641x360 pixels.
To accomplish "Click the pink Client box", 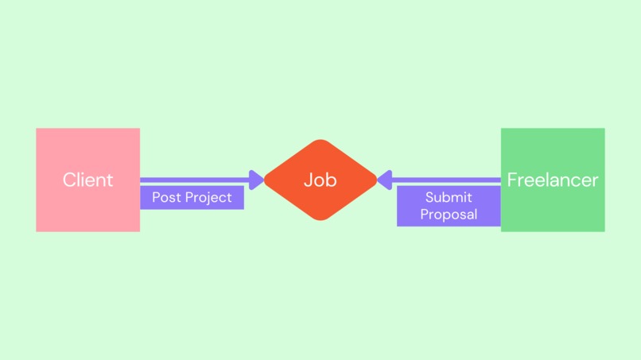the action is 88,180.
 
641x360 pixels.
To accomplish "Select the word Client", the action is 88,180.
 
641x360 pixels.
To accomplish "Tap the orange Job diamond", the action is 320,180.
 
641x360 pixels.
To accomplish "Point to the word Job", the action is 320,180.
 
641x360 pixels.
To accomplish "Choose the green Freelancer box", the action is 553,180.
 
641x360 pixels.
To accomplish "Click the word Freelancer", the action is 553,180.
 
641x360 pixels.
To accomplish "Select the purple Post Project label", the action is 192,198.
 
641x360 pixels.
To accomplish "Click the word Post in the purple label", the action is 167,197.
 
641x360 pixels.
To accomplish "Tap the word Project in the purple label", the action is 208,198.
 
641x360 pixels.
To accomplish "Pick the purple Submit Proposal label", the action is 449,206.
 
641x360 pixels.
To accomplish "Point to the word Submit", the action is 449,197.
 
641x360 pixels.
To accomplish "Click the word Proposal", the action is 449,215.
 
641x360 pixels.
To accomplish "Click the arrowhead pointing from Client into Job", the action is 256,180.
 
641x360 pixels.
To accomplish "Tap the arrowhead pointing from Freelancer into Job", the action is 385,180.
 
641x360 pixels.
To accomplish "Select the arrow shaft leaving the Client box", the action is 195,180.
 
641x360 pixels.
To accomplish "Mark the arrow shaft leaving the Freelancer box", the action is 446,180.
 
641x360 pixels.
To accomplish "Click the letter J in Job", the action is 309,180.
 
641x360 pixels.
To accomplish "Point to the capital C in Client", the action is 69,180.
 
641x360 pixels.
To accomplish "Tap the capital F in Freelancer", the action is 512,180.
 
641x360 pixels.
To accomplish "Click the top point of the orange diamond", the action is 320,140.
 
